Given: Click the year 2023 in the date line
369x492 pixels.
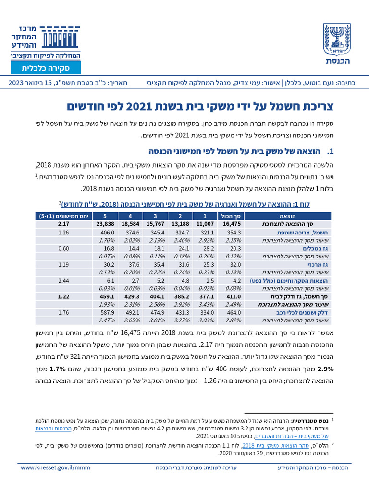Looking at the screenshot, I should [18, 83].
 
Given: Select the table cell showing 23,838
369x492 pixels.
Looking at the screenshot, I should [105, 223].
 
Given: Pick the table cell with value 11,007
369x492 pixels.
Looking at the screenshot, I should [205, 223].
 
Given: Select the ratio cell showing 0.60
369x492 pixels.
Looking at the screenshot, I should [63, 248].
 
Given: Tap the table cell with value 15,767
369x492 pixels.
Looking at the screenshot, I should [155, 223].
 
